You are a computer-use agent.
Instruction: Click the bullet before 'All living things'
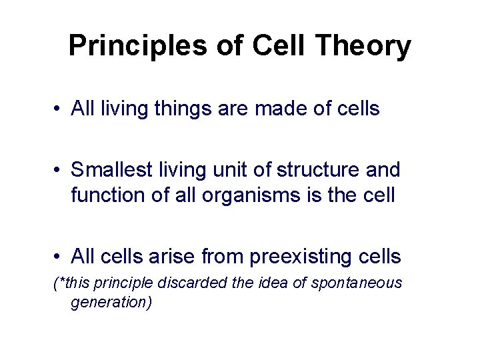tap(59, 109)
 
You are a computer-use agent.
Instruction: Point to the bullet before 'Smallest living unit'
tap(59, 170)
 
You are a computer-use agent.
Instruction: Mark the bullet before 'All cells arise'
tap(59, 256)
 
